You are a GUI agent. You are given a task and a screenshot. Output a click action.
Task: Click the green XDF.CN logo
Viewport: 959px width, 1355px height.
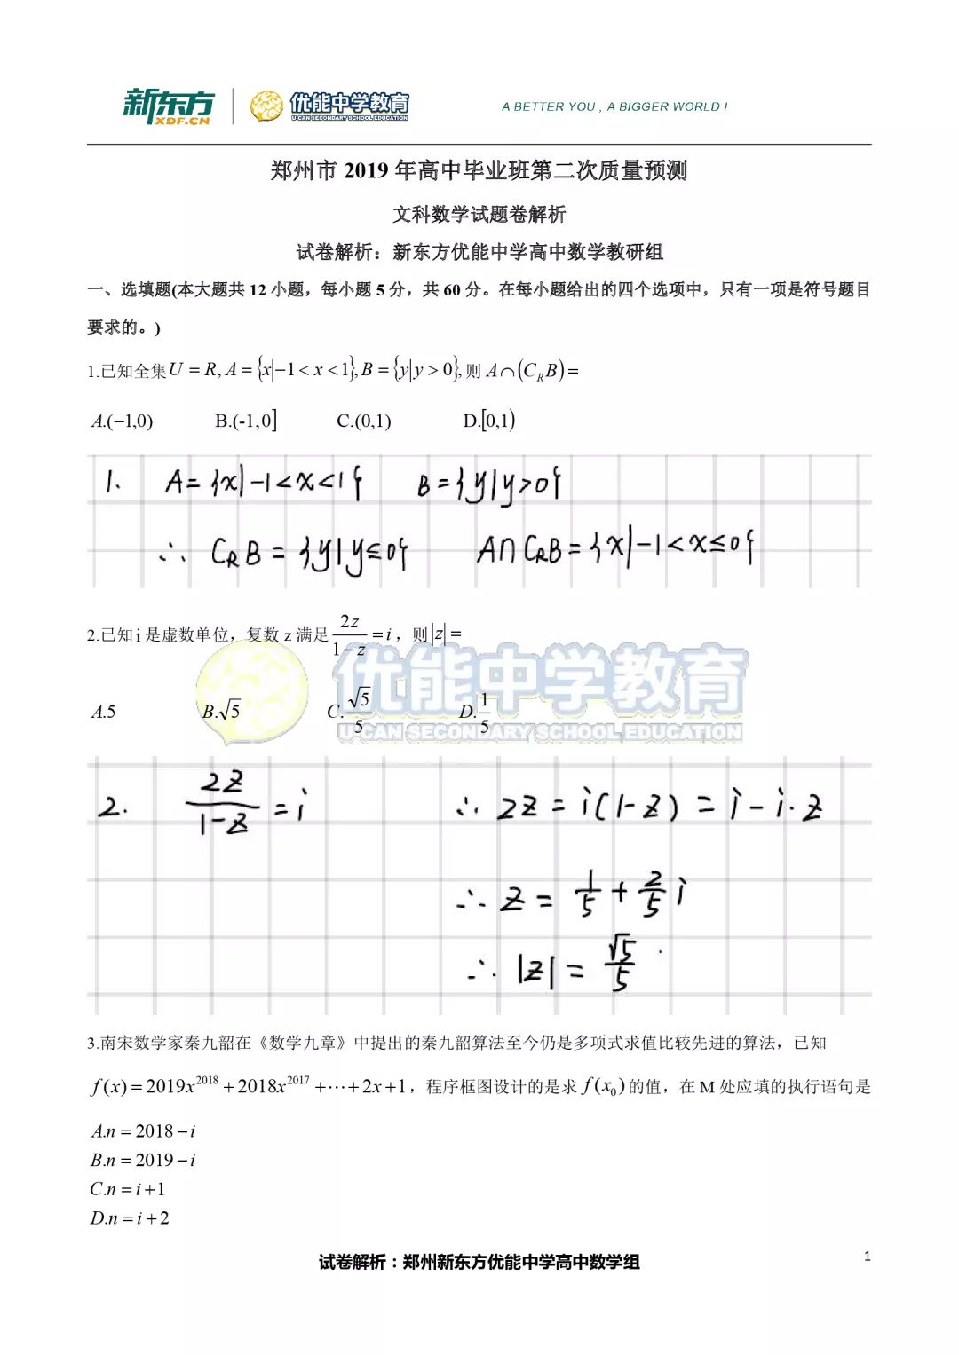pos(168,106)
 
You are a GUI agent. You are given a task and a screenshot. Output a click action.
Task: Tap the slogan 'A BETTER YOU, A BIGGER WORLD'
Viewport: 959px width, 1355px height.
pos(614,106)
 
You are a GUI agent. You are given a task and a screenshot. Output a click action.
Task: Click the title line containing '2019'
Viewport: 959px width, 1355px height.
pos(479,170)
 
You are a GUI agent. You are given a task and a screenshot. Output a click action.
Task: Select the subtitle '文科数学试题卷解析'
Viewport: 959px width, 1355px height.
pos(479,214)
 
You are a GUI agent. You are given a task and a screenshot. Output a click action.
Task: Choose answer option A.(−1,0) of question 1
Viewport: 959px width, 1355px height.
pos(122,421)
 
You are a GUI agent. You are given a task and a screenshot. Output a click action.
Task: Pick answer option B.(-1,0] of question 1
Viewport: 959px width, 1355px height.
pos(245,421)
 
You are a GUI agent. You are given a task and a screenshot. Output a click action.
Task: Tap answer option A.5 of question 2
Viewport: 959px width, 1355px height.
pos(103,712)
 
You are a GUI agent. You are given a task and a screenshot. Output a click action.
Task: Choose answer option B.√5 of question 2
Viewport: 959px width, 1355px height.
pos(221,712)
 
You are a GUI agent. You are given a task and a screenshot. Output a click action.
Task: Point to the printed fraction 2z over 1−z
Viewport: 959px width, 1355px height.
pos(350,635)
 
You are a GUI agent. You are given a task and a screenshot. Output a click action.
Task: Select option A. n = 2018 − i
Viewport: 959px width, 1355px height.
pos(143,1131)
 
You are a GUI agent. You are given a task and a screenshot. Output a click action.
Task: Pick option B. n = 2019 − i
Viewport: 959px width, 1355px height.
pos(143,1160)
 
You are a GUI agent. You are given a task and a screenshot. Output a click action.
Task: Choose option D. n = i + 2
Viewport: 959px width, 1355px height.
pos(130,1218)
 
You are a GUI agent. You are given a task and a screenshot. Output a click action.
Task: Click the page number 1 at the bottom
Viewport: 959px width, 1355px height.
pos(868,1256)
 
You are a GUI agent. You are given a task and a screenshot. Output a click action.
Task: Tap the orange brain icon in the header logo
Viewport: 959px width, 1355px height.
pos(266,106)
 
